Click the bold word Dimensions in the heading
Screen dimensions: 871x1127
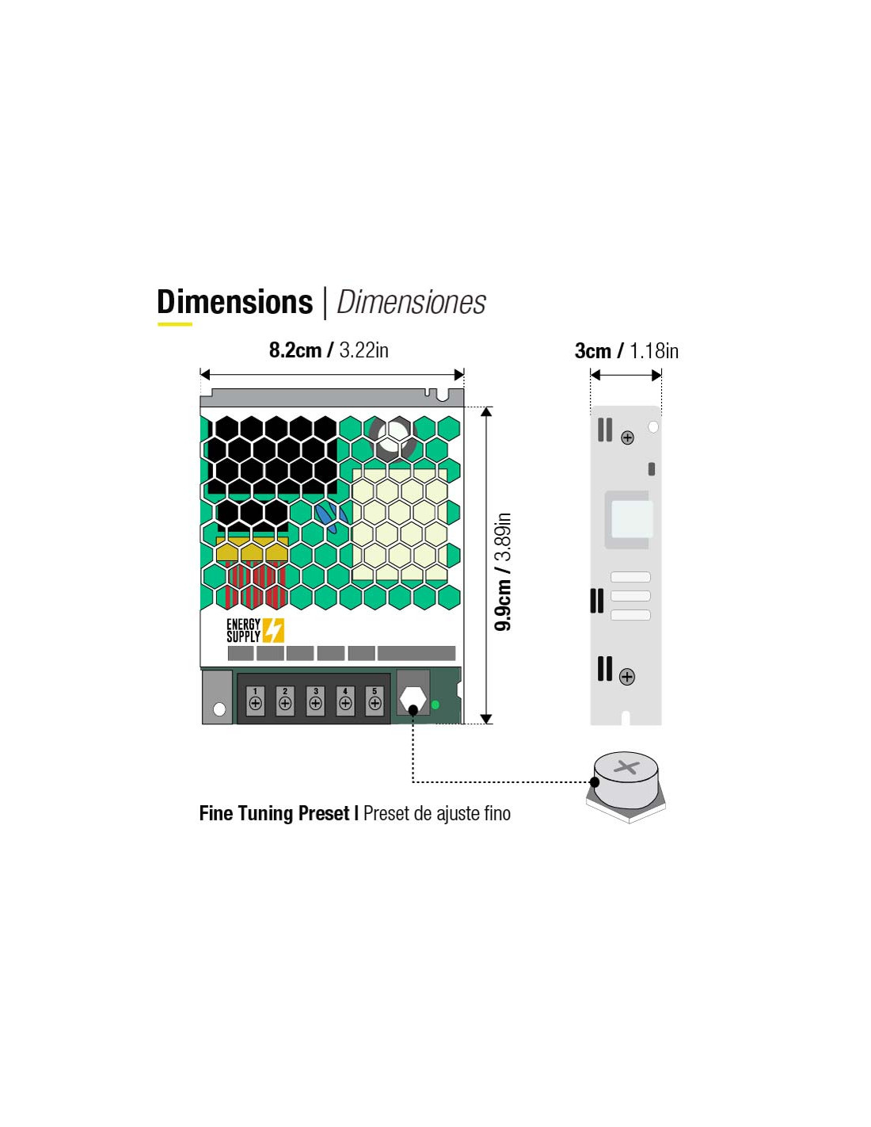pyautogui.click(x=234, y=302)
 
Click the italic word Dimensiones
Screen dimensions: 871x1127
pyautogui.click(x=411, y=303)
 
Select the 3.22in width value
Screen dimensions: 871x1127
pyautogui.click(x=363, y=350)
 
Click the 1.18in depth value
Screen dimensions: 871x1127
pyautogui.click(x=654, y=351)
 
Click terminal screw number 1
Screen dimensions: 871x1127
pyautogui.click(x=255, y=703)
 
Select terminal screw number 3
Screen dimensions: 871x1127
pyautogui.click(x=315, y=703)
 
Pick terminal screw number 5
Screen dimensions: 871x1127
pyautogui.click(x=375, y=703)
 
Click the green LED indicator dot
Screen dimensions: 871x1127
pyautogui.click(x=435, y=705)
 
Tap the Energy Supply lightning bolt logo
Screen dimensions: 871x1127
pyautogui.click(x=273, y=630)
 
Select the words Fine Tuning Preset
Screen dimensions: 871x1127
pyautogui.click(x=275, y=813)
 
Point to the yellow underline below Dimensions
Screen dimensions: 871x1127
pyautogui.click(x=175, y=324)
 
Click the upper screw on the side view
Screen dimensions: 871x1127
pyautogui.click(x=627, y=437)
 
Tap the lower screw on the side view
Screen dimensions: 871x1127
pyautogui.click(x=627, y=677)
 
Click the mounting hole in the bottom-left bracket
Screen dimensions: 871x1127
pyautogui.click(x=219, y=709)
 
